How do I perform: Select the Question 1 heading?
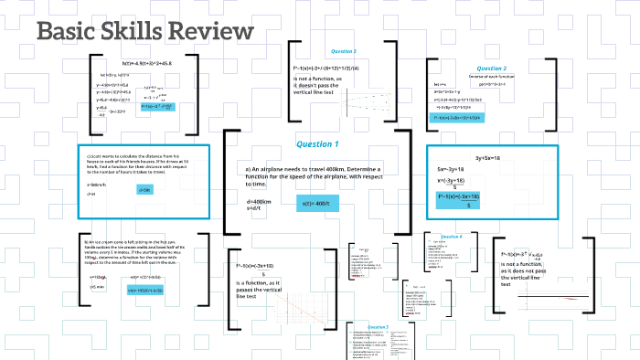pos(316,144)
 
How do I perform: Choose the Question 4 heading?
pos(451,237)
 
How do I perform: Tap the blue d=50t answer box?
pos(144,189)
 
